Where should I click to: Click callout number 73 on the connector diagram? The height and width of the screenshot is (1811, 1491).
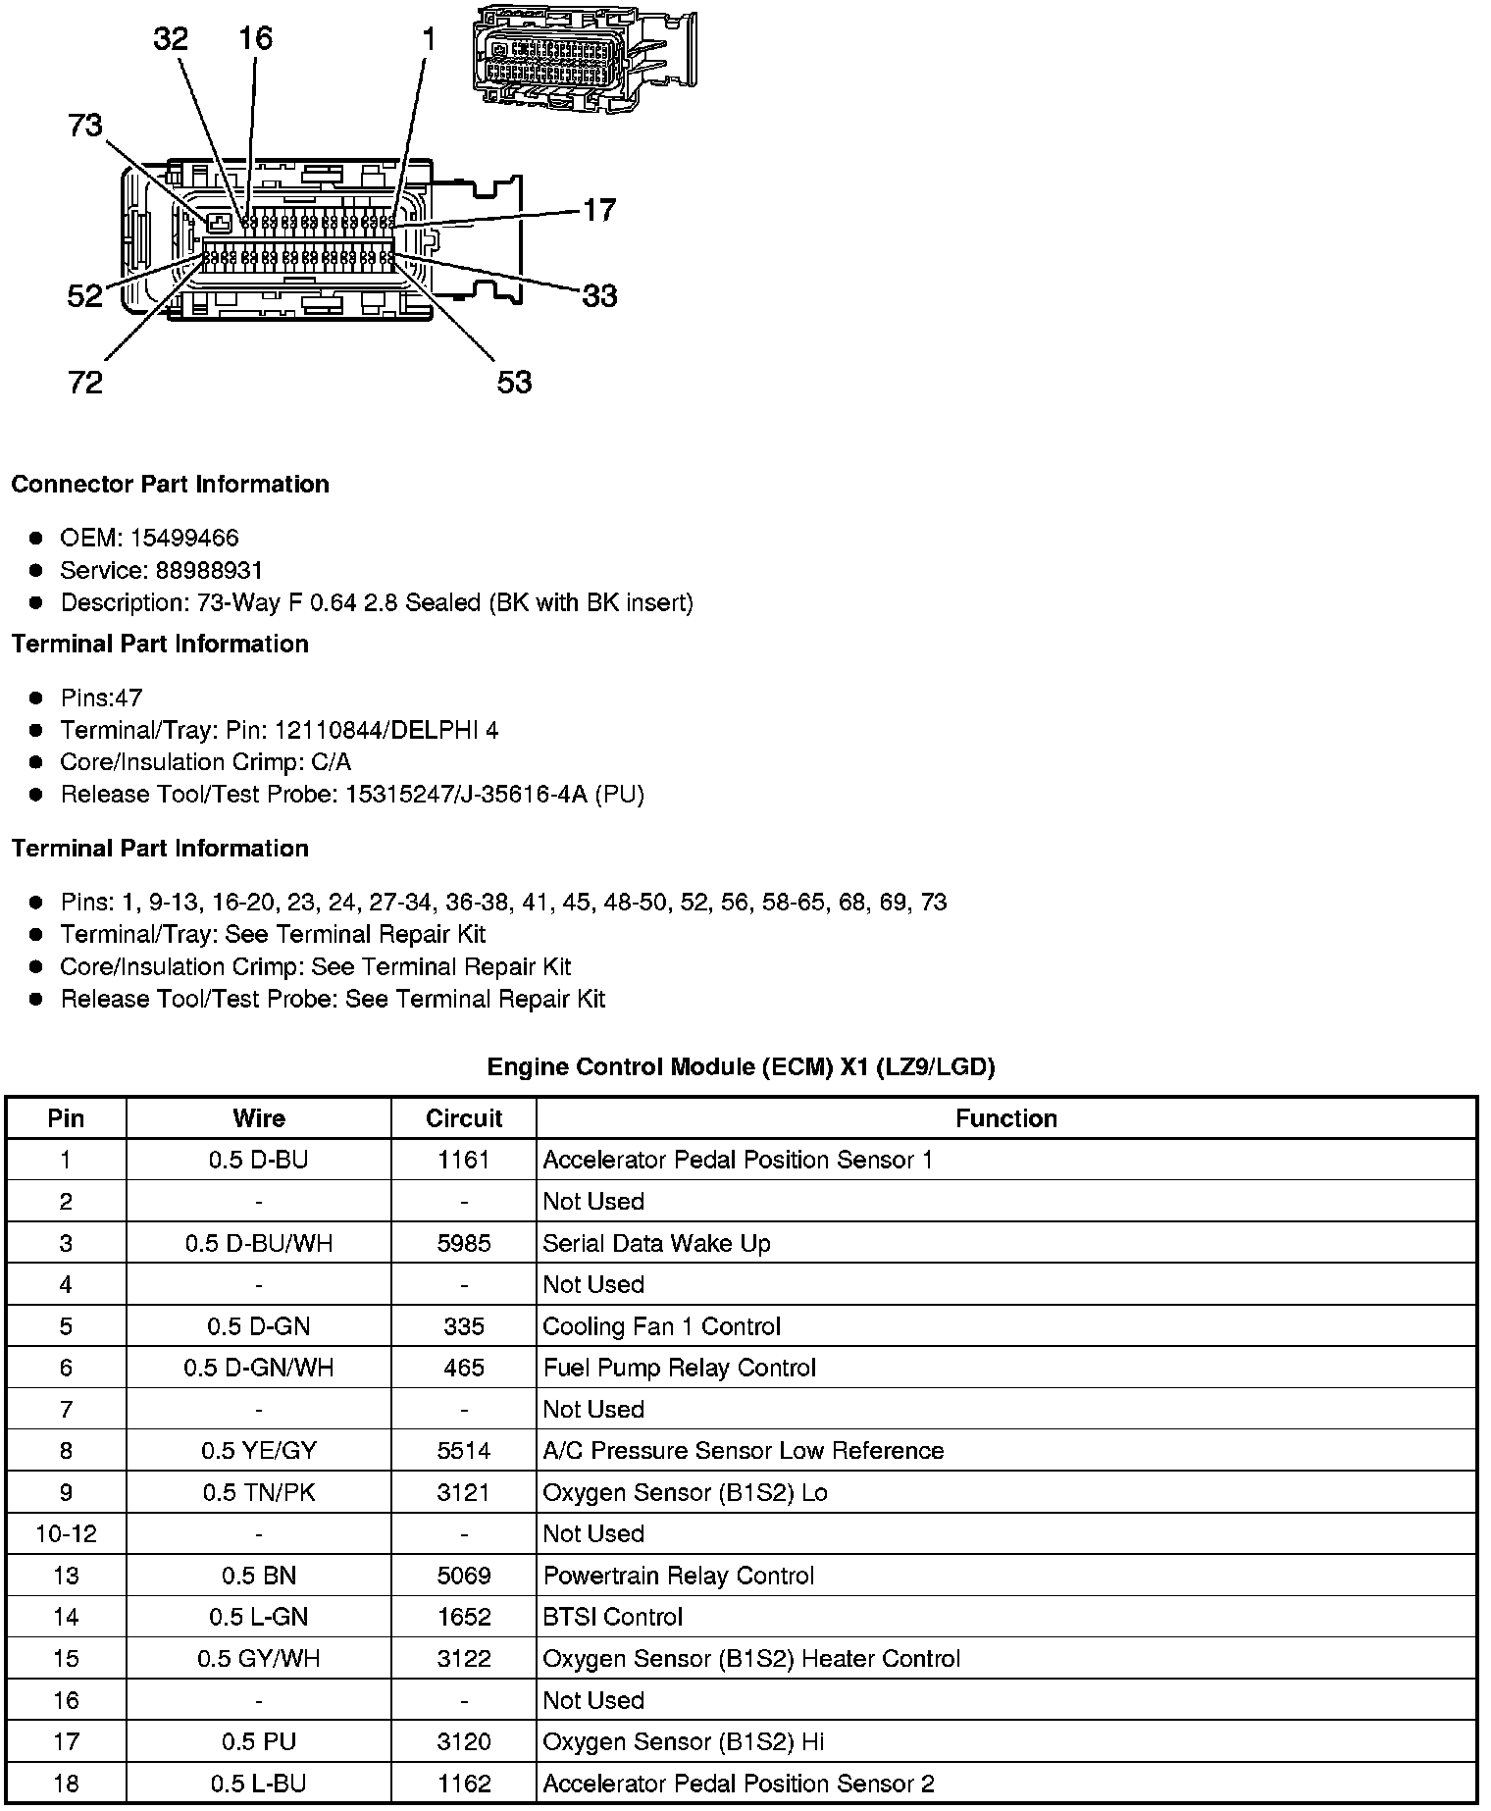pyautogui.click(x=85, y=126)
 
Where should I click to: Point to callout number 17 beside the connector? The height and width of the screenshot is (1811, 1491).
pyautogui.click(x=599, y=209)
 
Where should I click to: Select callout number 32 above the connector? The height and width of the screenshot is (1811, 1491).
pyautogui.click(x=171, y=38)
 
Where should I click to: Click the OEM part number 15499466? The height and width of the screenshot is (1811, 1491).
pyautogui.click(x=184, y=538)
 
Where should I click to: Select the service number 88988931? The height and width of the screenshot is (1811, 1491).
pyautogui.click(x=210, y=570)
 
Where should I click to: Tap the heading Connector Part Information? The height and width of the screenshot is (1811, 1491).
pyautogui.click(x=170, y=485)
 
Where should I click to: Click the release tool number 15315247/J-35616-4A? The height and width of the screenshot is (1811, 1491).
pyautogui.click(x=466, y=794)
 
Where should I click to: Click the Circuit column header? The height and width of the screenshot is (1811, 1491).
pyautogui.click(x=464, y=1118)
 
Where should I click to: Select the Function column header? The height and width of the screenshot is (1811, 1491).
pyautogui.click(x=1006, y=1118)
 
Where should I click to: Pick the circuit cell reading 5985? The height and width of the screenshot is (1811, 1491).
pyautogui.click(x=464, y=1243)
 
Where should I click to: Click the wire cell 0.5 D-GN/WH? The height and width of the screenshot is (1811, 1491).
pyautogui.click(x=259, y=1368)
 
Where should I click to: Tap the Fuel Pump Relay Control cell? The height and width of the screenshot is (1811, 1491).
pyautogui.click(x=680, y=1368)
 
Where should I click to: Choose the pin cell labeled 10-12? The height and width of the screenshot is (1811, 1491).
pyautogui.click(x=66, y=1533)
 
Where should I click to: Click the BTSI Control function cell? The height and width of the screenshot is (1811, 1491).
pyautogui.click(x=613, y=1617)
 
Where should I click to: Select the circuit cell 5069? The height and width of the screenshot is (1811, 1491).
pyautogui.click(x=464, y=1576)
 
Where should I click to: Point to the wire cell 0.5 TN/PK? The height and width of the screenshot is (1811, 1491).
pyautogui.click(x=259, y=1492)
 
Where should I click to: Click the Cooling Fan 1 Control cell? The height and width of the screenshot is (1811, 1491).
pyautogui.click(x=662, y=1326)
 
